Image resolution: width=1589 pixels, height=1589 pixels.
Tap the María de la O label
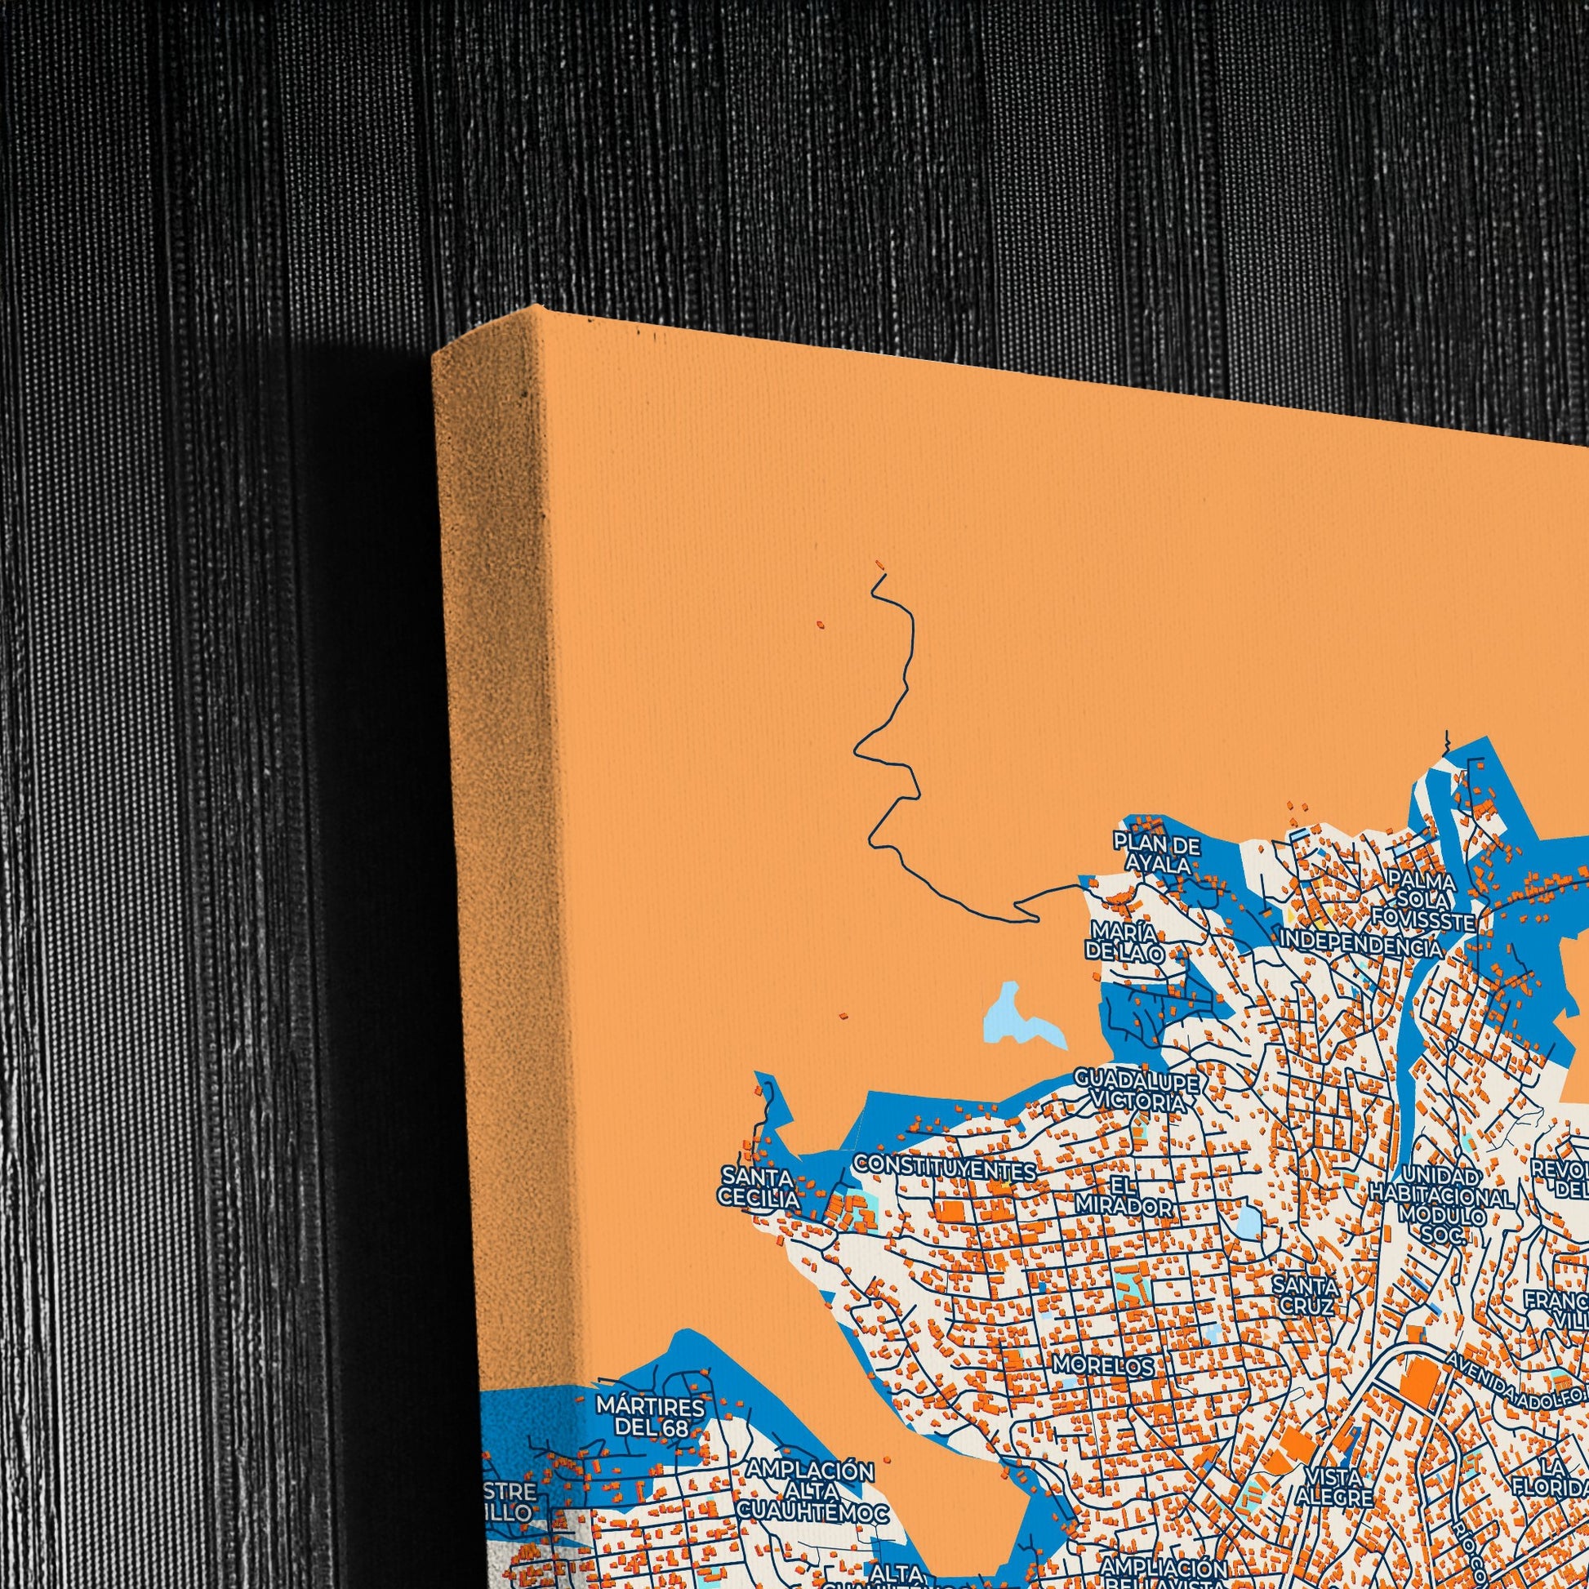(1125, 941)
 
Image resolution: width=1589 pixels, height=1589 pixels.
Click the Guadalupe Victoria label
(1137, 1091)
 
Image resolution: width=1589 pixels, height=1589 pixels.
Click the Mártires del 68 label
(651, 1416)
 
